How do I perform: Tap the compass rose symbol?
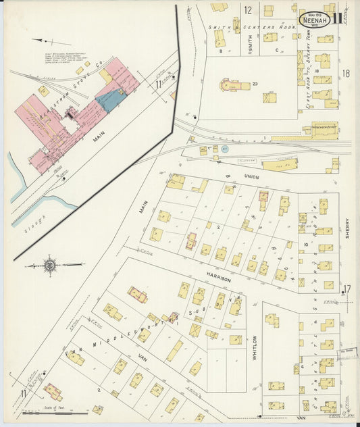[x=50, y=266]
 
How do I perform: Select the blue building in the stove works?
[x=108, y=100]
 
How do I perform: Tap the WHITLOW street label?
[x=255, y=349]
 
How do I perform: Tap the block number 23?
[x=255, y=83]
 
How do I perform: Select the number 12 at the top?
[x=248, y=10]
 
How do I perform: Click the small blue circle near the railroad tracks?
[x=225, y=147]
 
